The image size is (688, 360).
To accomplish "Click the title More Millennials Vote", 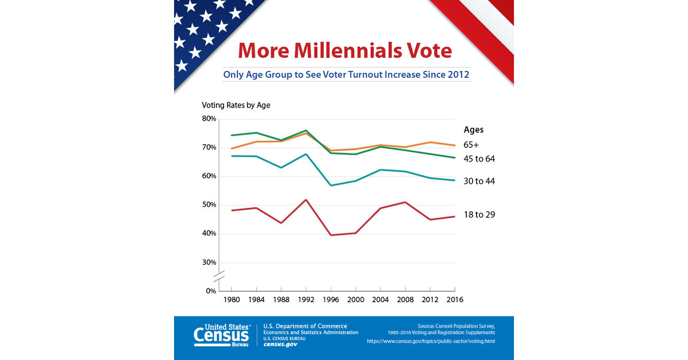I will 345,51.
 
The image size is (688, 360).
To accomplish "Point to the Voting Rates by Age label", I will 236,105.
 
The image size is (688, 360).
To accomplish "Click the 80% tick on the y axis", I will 209,119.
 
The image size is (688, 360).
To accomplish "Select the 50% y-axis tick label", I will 209,205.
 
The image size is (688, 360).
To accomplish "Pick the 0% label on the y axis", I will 211,291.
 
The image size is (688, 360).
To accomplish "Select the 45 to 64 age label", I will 479,159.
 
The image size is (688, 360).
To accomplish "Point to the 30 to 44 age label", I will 479,181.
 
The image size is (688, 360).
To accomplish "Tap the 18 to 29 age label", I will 479,215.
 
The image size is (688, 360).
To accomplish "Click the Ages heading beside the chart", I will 474,130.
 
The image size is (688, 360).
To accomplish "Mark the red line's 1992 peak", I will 306,199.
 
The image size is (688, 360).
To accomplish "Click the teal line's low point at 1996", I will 331,185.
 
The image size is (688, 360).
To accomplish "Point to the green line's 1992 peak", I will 306,130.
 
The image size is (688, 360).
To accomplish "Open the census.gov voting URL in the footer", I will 431,342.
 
